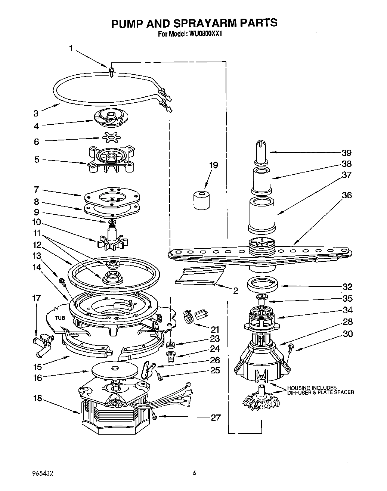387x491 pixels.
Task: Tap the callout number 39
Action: tap(346, 153)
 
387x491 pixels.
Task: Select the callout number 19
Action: tap(213, 165)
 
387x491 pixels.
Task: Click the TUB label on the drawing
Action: tap(60, 318)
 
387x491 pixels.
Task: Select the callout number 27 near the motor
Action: tap(216, 417)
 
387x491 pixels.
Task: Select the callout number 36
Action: tap(346, 195)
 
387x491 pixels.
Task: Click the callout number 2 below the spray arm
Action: tap(235, 291)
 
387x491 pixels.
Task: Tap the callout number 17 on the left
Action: tap(36, 298)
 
